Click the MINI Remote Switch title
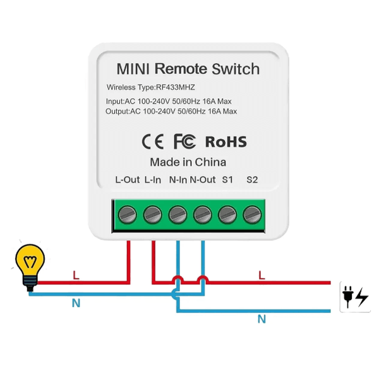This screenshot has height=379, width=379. (188, 69)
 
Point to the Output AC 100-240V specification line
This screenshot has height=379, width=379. (171, 112)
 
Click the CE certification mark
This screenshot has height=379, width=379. (153, 141)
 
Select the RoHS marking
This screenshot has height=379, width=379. (226, 141)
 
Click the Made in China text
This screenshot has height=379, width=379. (188, 162)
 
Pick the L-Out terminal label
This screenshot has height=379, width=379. (127, 180)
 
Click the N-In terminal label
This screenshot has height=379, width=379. (177, 180)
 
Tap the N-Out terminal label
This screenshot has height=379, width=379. (203, 180)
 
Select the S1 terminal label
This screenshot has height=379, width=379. (227, 180)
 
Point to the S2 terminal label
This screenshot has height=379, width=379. (252, 180)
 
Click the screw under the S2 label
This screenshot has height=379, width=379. (252, 214)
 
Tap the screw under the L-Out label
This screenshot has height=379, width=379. (127, 214)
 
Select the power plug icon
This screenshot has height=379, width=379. (354, 296)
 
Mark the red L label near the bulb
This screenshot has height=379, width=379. (76, 275)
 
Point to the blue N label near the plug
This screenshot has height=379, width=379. (261, 320)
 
